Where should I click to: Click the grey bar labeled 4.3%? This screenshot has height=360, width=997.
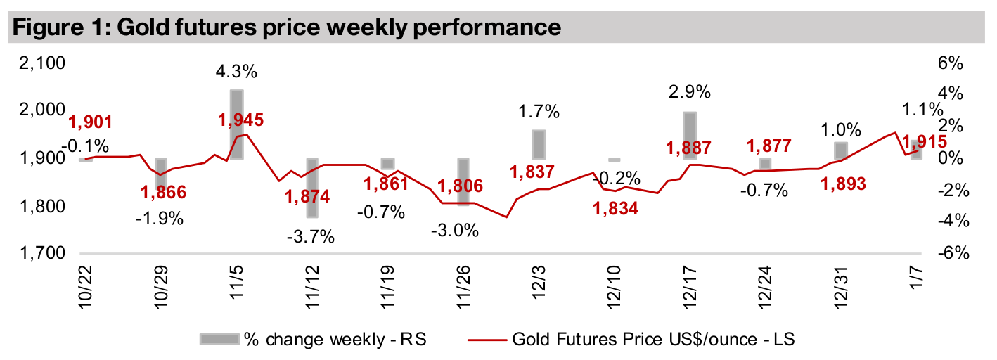tap(237, 124)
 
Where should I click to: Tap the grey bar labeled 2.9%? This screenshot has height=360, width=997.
tap(690, 136)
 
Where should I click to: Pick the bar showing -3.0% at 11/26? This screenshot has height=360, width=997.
tap(463, 182)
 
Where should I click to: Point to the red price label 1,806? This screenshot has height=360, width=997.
tap(460, 187)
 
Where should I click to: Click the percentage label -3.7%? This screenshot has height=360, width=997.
tap(310, 237)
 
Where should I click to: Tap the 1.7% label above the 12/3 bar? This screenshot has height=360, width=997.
tap(538, 111)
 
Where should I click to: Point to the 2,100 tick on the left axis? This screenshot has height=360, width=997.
tap(40, 64)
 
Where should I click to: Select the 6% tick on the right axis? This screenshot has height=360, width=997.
tap(948, 64)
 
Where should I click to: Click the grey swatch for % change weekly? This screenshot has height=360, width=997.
tap(218, 340)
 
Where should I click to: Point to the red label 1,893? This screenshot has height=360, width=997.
tap(843, 183)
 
